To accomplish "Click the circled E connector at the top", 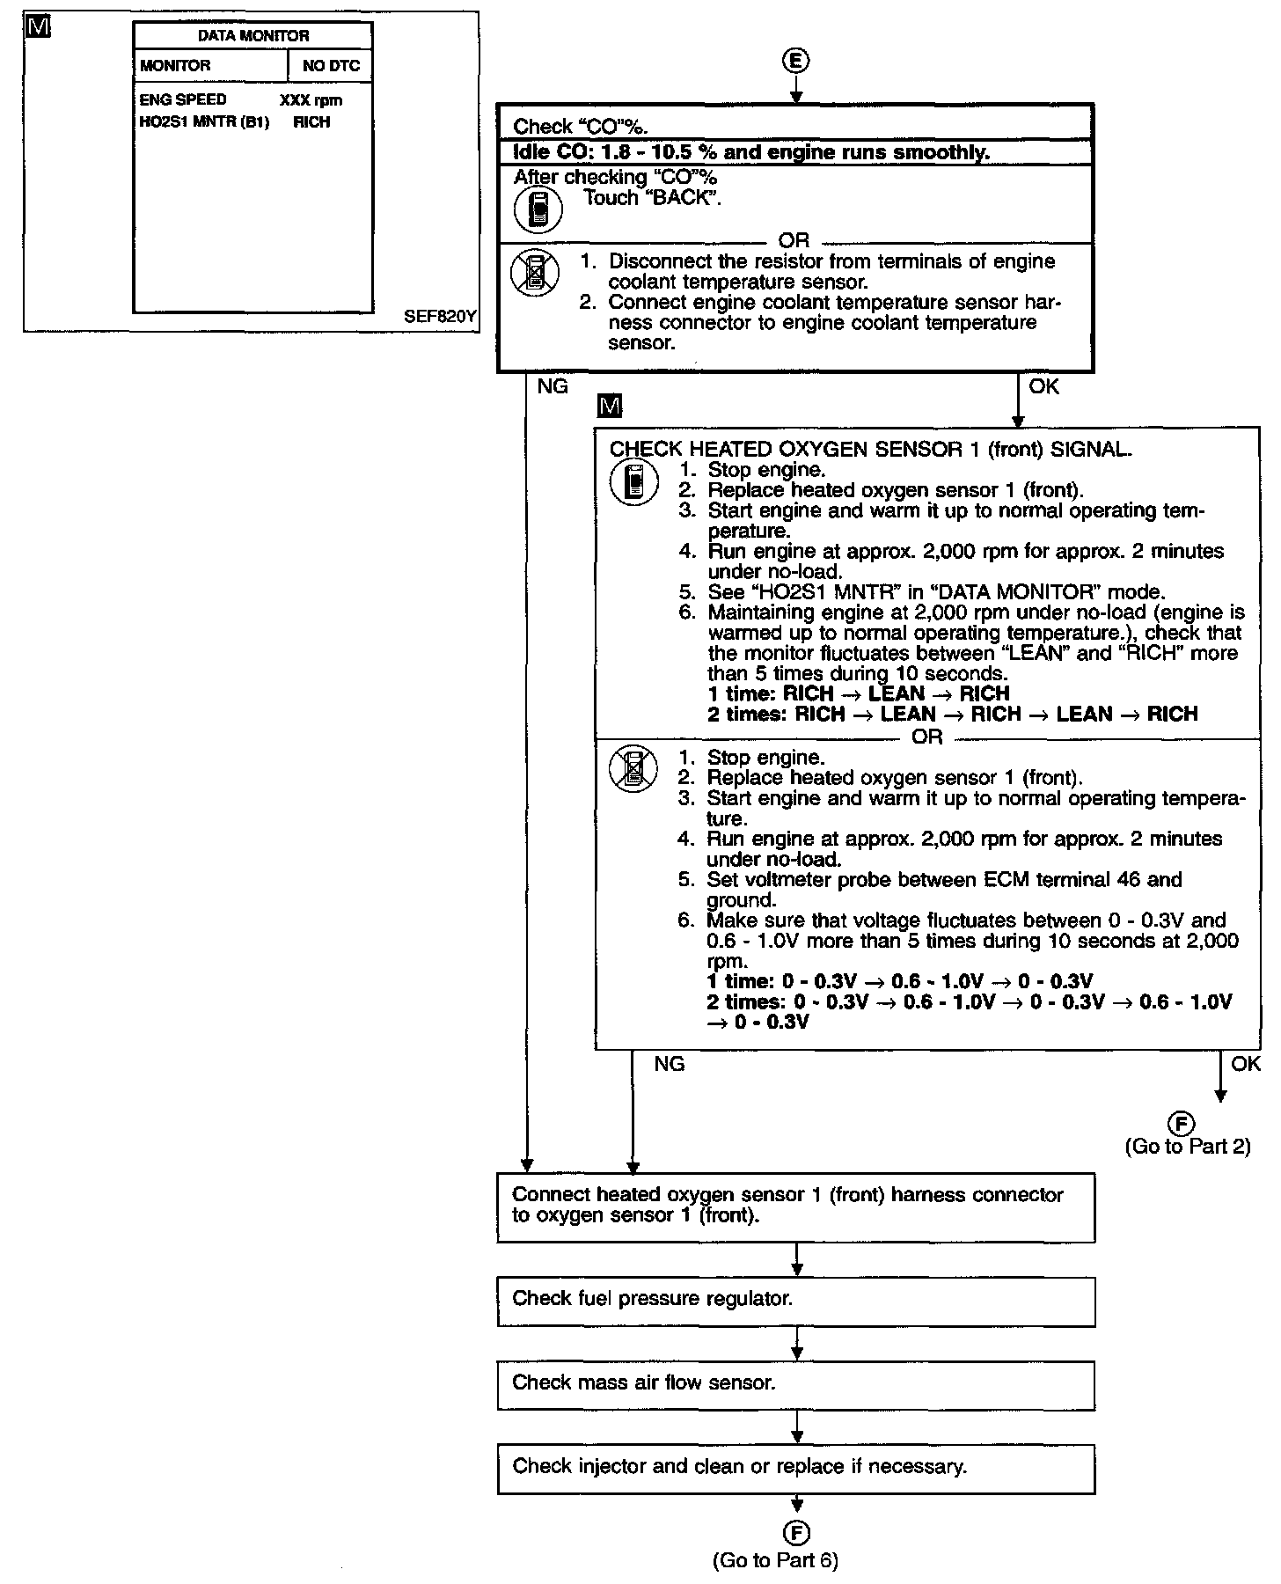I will point(795,61).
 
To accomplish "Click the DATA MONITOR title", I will point(253,36).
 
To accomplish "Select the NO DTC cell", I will point(331,66).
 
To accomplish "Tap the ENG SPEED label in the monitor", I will point(183,99).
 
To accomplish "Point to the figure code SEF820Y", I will point(440,317).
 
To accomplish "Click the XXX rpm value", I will point(311,100).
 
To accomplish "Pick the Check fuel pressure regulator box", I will point(795,1302).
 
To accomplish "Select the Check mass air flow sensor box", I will point(795,1385).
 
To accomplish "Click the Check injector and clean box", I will point(795,1469).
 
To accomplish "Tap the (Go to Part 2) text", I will point(1188,1147).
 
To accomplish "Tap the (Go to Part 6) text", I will point(775,1560).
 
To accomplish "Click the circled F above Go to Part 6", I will point(796,1533).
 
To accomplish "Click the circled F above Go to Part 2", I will point(1182,1123).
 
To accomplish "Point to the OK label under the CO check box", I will point(1043,386).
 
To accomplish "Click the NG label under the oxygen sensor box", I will point(669,1064).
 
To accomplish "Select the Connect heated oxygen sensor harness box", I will point(795,1206).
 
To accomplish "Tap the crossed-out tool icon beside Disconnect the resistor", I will point(535,273).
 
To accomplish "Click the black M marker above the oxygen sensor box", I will point(609,407).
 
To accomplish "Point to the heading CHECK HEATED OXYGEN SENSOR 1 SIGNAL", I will point(870,450).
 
